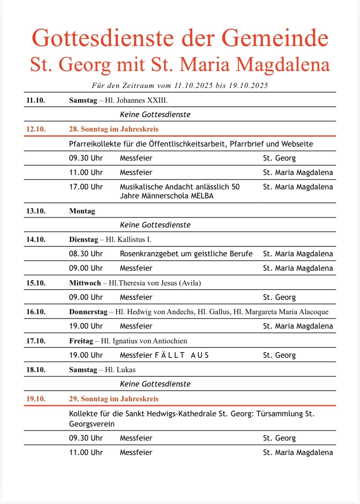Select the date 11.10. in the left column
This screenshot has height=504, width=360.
[x=36, y=100]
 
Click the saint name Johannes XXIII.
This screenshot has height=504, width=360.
[x=142, y=100]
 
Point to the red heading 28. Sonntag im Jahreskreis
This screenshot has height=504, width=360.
[x=114, y=129]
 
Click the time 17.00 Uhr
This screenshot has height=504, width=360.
[x=86, y=187]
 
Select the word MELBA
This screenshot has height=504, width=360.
[x=202, y=196]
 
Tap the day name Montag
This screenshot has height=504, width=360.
[x=82, y=211]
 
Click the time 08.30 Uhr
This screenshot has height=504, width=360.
[x=86, y=254]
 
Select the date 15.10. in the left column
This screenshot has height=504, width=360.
[x=36, y=283]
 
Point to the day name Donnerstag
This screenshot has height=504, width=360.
[x=88, y=312]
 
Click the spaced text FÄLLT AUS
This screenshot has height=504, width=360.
[x=182, y=355]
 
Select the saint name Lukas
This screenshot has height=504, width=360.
[x=126, y=370]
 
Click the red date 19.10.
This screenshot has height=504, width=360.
[x=36, y=399]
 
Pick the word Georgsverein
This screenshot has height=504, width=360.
[x=92, y=424]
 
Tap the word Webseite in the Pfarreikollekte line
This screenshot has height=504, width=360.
[x=297, y=144]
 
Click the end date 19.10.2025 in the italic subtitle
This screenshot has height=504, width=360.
[x=248, y=85]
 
